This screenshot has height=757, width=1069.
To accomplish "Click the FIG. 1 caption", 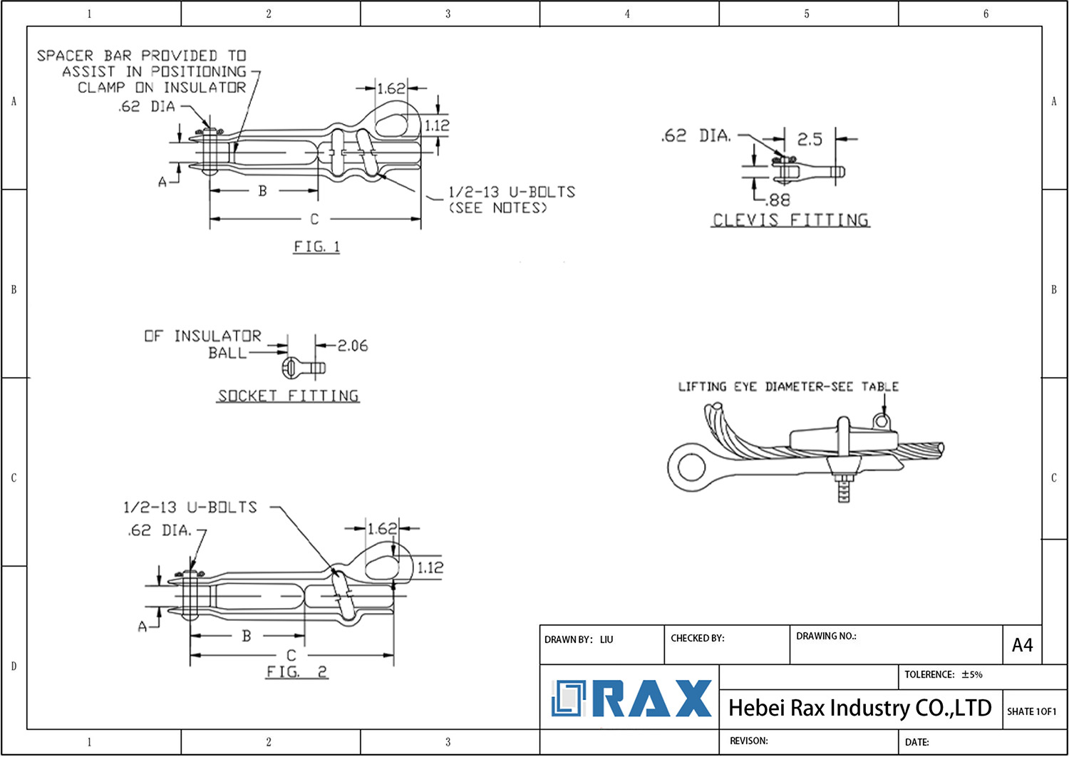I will point(316,247).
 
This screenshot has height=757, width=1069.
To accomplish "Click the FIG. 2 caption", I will point(296,671).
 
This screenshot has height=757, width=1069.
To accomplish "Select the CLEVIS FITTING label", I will point(791,220).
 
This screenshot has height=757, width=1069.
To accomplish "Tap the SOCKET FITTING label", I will point(288,396).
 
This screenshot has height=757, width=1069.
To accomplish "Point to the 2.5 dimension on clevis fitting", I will point(809,139).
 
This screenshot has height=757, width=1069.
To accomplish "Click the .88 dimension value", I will point(778,200).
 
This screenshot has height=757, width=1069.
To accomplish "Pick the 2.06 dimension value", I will point(353,346).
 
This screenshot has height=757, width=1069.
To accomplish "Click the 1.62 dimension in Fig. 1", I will point(391,88).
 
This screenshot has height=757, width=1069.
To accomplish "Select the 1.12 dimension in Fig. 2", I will point(430,567).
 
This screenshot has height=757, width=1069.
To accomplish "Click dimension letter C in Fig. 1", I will point(314,219).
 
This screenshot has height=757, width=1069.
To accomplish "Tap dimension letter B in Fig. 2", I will point(247,636).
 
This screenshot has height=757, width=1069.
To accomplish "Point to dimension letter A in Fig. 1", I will point(162,182).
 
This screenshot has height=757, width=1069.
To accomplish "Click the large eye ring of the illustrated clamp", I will point(691,468).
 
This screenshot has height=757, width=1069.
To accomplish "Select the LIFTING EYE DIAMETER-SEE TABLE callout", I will point(787,386).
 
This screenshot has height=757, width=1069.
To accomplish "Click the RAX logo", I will point(631,699).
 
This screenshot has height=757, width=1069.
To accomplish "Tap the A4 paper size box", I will point(1022,645).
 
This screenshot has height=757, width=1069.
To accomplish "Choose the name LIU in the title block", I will point(606,639).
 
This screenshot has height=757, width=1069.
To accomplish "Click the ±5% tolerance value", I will point(971,674).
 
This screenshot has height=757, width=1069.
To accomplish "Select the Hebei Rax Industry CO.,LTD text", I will point(859,708).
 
